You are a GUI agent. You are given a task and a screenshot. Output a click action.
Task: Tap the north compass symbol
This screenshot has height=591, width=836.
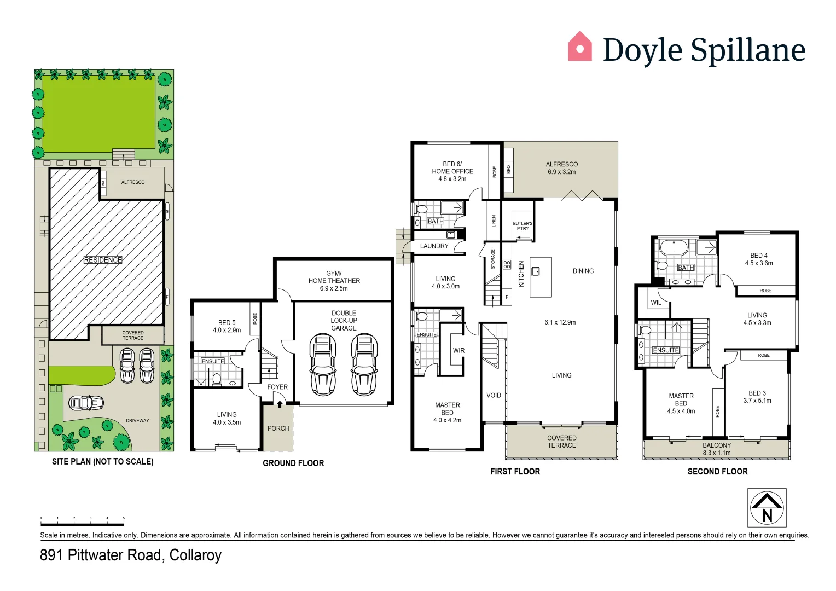[767, 507]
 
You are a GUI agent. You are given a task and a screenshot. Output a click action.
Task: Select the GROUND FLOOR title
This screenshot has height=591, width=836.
[293, 463]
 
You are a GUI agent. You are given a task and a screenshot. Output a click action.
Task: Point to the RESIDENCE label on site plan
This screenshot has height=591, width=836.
[103, 260]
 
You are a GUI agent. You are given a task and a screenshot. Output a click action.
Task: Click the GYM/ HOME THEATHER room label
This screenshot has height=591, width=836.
[334, 281]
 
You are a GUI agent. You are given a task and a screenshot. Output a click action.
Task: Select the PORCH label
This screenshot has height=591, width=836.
[278, 428]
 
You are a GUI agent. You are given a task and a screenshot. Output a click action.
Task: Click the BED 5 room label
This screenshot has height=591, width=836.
[227, 326]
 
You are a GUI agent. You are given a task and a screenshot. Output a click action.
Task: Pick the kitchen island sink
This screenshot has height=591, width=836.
[536, 271]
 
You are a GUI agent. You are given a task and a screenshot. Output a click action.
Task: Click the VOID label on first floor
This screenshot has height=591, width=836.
[494, 395]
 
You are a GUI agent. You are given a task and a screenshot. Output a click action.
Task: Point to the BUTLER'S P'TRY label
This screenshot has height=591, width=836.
[522, 225]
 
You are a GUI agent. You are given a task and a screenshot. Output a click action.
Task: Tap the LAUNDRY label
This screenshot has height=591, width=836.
[434, 246]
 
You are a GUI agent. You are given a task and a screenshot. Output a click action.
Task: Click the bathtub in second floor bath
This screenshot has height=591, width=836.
[673, 247]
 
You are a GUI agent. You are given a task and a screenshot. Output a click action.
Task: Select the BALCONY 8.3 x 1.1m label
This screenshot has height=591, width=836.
[716, 449]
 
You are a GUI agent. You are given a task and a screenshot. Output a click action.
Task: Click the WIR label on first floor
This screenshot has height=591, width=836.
[458, 351]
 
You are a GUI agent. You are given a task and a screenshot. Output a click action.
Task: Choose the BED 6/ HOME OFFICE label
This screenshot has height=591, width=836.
[452, 171]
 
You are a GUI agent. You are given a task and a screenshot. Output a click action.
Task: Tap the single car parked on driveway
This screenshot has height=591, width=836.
[86, 403]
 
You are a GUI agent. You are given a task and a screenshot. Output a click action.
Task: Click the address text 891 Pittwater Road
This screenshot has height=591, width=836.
[130, 555]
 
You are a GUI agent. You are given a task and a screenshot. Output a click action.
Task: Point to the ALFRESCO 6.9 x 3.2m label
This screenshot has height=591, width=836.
[561, 168]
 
